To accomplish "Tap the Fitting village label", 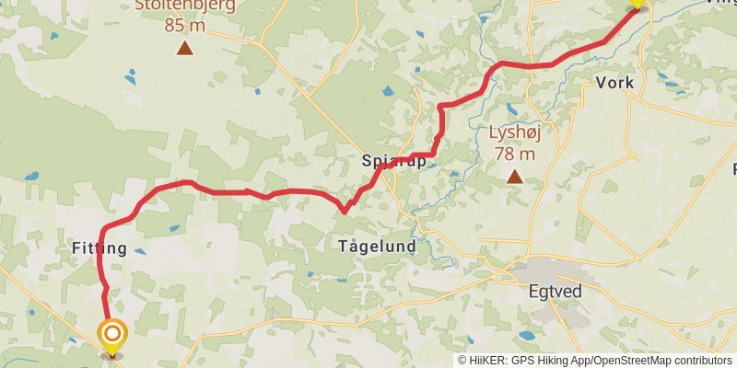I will click(99, 248).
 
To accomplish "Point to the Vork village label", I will click(615, 83).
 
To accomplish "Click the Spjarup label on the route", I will click(394, 163).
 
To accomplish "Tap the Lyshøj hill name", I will click(513, 132).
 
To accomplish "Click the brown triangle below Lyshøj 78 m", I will click(514, 175).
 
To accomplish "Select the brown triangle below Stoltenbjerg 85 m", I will click(185, 48).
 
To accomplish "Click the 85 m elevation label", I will click(185, 25).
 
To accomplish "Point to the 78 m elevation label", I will click(514, 153).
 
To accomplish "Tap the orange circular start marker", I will click(112, 334).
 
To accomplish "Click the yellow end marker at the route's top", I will click(636, 3).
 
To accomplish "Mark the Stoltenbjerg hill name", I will click(185, 5).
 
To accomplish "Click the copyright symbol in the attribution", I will click(462, 361).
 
